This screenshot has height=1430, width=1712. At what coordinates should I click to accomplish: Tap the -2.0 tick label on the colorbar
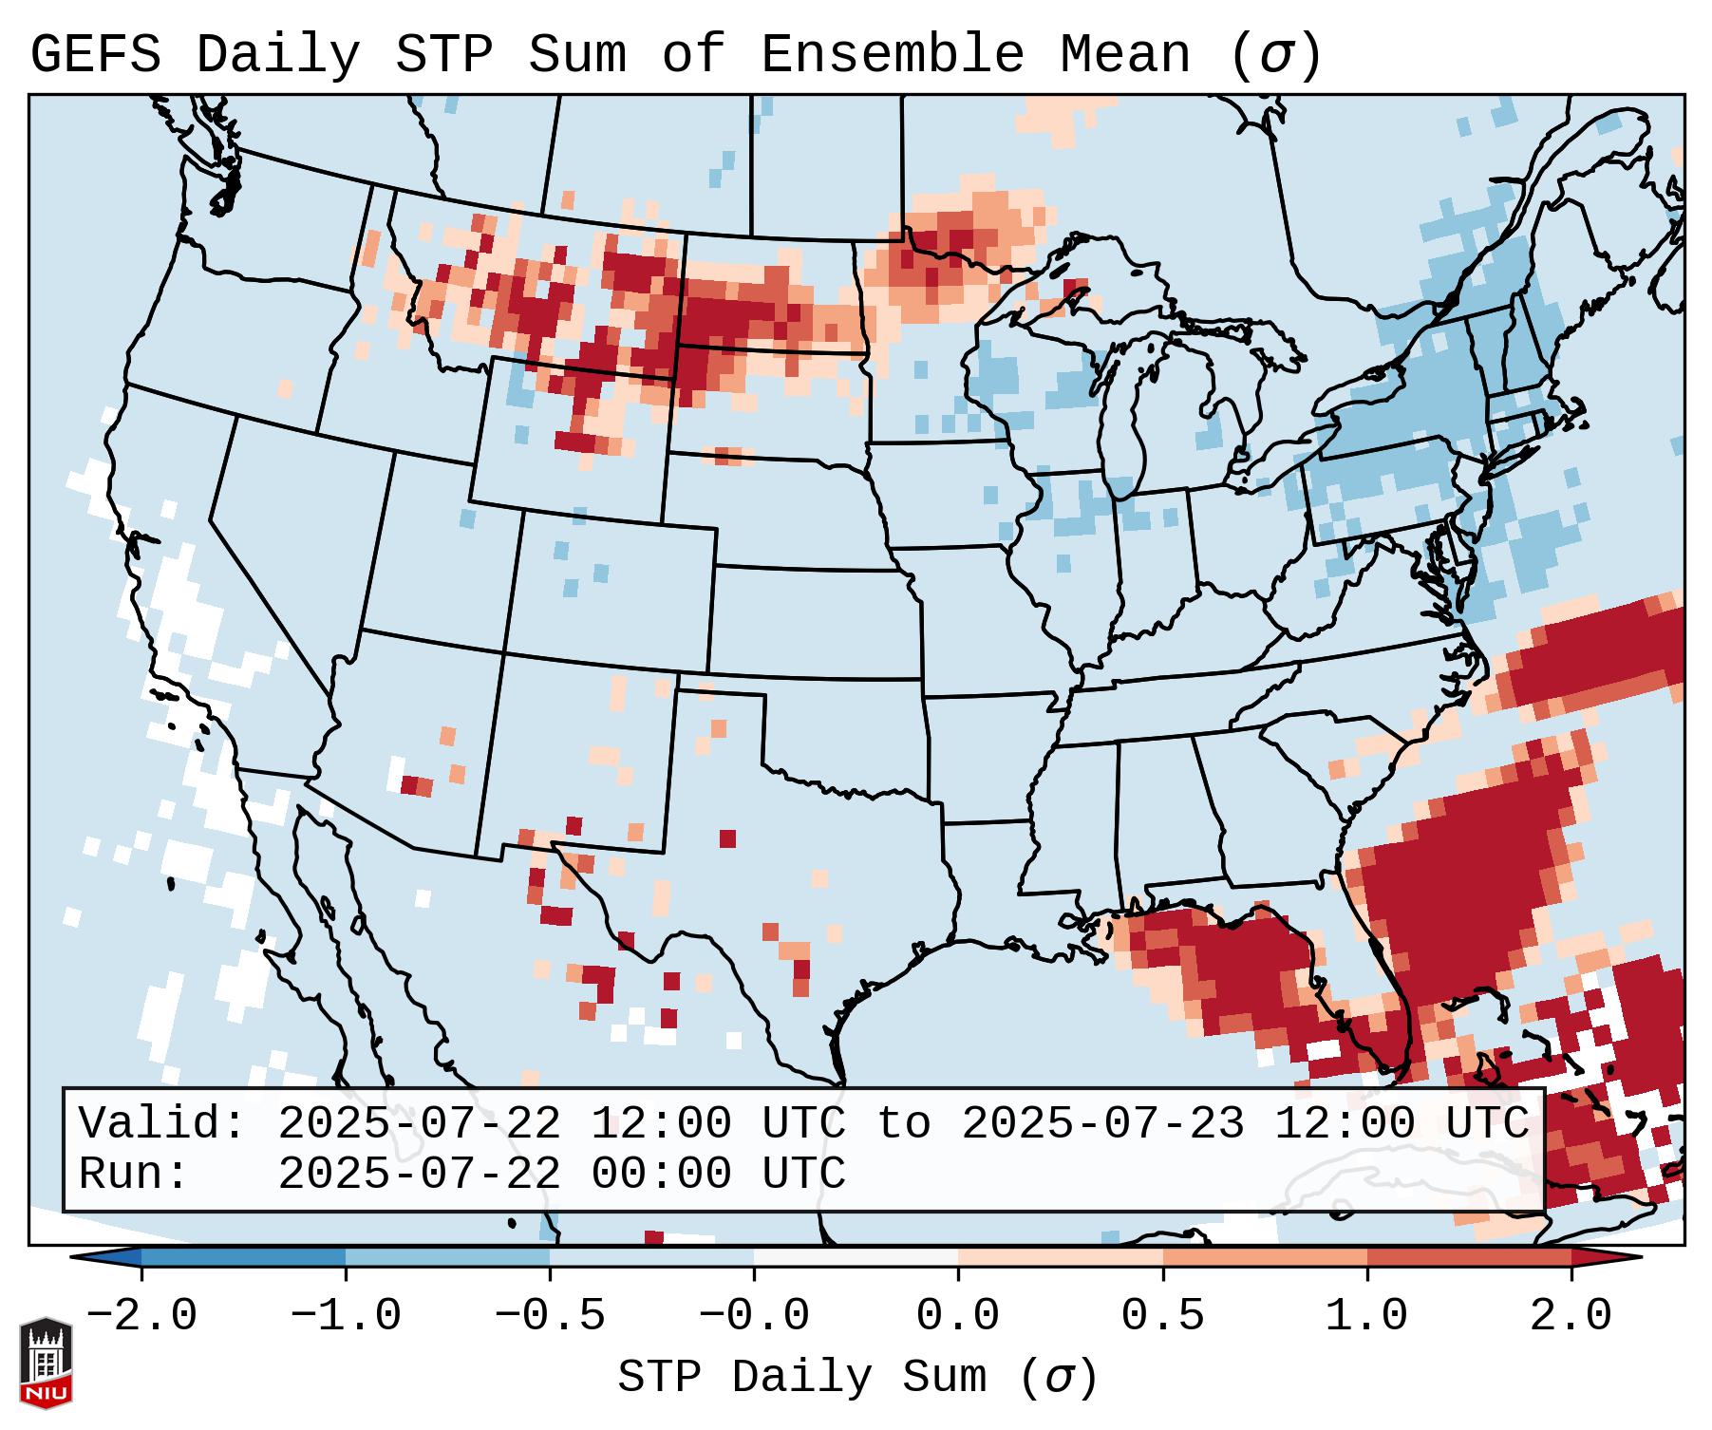click(x=141, y=1316)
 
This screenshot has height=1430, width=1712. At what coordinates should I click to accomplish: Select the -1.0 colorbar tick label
click(x=346, y=1316)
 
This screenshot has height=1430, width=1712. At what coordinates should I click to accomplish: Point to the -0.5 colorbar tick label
click(x=550, y=1316)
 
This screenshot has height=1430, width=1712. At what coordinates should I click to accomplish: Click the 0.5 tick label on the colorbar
click(x=1162, y=1316)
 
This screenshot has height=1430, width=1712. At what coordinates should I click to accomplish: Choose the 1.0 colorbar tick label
click(x=1366, y=1316)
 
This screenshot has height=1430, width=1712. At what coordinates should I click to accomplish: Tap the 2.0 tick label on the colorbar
click(x=1571, y=1316)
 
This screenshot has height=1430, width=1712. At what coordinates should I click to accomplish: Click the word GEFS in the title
click(x=95, y=55)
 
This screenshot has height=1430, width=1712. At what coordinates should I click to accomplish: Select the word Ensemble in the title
click(x=893, y=55)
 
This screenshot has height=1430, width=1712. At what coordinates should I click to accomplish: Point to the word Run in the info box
click(x=133, y=1174)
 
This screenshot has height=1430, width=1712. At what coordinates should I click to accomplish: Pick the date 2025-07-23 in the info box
click(x=1102, y=1124)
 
